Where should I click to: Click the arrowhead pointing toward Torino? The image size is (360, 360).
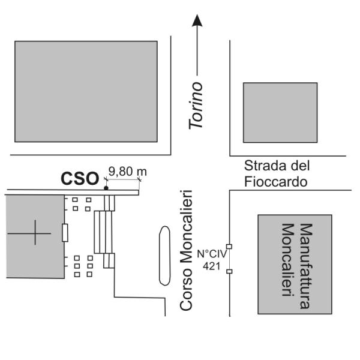(197, 20)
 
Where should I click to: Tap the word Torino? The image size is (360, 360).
(196, 106)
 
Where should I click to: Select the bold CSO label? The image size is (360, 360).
(80, 178)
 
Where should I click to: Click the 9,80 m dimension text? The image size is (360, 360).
(127, 172)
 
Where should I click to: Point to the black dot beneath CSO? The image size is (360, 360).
(106, 188)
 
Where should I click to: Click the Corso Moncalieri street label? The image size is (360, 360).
(186, 250)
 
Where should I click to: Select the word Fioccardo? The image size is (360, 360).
(276, 182)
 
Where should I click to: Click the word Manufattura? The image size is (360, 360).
(306, 266)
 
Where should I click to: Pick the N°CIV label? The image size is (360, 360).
(212, 254)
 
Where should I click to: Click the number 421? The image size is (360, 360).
(211, 266)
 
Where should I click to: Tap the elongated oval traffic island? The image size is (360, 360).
(164, 256)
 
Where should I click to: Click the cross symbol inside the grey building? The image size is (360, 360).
(35, 233)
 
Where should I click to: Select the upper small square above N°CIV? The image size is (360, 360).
(229, 247)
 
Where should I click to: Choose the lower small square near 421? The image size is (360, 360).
(229, 271)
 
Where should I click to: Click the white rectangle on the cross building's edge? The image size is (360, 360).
(65, 233)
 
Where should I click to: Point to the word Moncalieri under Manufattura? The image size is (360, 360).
(288, 260)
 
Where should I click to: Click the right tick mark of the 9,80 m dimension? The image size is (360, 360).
(139, 179)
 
